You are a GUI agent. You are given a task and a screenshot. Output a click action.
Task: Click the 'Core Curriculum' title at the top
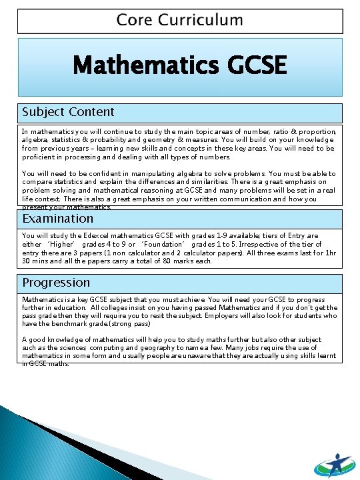point(180,20)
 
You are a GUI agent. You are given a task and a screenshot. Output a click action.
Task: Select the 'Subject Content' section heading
point(68,112)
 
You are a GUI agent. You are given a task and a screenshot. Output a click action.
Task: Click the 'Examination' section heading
point(58,219)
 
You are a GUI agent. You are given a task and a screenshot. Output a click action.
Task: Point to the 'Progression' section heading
point(56,283)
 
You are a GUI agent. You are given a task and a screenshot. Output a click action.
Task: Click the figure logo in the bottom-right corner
point(335,457)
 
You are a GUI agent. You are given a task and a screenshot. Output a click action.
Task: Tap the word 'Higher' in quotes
point(61,245)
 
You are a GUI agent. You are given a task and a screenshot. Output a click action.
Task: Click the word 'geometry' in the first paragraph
point(180,141)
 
